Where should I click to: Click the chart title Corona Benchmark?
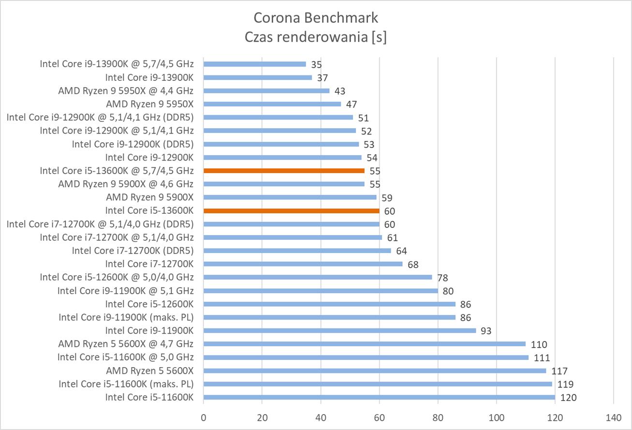[x=316, y=18]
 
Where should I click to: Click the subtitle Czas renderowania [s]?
[x=316, y=37]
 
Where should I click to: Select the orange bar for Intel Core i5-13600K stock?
[x=292, y=211]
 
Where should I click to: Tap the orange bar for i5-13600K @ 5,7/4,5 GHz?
[x=284, y=171]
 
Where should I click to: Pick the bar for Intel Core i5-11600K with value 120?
[x=379, y=398]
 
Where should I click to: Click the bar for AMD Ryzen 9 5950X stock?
[x=272, y=104]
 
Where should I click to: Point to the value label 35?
[x=317, y=64]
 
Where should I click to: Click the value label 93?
[x=485, y=331]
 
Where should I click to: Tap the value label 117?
[x=559, y=371]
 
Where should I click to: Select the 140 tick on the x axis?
[x=613, y=417]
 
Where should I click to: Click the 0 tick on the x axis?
[x=204, y=417]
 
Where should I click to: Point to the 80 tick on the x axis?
[x=438, y=417]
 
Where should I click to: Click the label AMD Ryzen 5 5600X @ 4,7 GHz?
[x=126, y=344]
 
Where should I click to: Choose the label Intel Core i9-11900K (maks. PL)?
[x=126, y=317]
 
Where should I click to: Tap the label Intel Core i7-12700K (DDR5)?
[x=132, y=251]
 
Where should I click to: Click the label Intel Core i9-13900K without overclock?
[x=149, y=77]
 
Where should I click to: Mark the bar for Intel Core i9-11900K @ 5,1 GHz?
[x=321, y=291]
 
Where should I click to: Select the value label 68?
[x=412, y=265]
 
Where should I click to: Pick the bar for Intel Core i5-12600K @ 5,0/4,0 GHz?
[x=318, y=277]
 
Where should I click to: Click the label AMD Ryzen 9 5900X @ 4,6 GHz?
[x=126, y=184]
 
